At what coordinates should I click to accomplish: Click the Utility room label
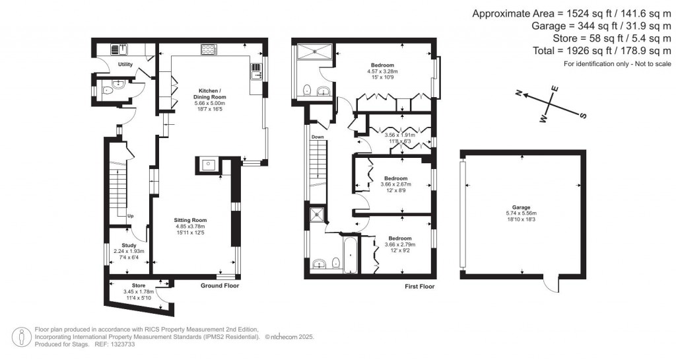click(125, 65)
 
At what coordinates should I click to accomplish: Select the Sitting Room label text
click(191, 220)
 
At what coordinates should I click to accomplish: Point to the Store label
click(138, 285)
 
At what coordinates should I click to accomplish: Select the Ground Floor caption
click(220, 286)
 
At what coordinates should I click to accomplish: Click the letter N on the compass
click(520, 93)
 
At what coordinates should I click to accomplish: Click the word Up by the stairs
click(130, 216)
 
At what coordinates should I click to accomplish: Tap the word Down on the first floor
click(318, 137)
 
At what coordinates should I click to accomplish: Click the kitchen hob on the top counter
click(209, 48)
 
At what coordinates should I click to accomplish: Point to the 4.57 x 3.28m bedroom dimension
click(386, 71)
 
